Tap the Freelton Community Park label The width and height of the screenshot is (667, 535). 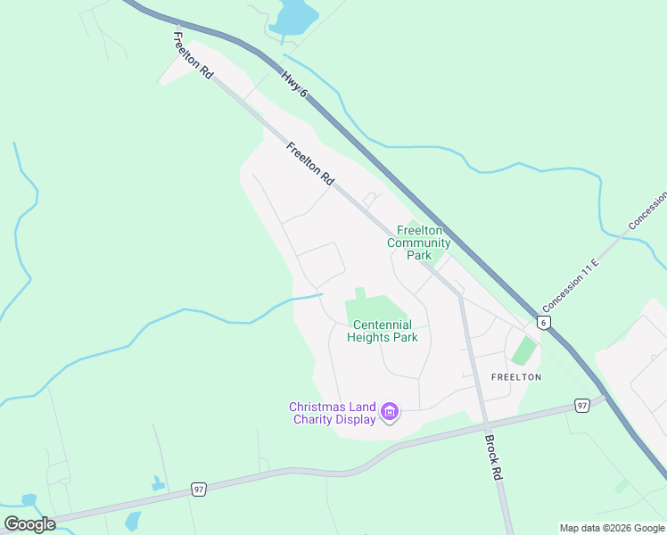[x=419, y=243]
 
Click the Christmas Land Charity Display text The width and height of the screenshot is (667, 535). [x=332, y=413]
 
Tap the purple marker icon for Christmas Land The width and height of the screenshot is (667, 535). [x=390, y=412]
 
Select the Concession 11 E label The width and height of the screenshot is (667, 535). [x=572, y=283]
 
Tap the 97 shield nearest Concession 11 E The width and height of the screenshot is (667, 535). [x=581, y=406]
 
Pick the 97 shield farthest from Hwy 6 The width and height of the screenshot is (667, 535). [x=199, y=490]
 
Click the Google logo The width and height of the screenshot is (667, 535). [x=29, y=524]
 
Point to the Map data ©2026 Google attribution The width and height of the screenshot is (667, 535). [x=612, y=528]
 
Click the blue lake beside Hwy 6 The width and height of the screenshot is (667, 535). [x=295, y=16]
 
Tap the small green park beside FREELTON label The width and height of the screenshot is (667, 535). [x=525, y=350]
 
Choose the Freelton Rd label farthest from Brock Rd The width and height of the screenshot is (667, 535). [x=193, y=55]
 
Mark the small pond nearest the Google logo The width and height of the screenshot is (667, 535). [x=28, y=499]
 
